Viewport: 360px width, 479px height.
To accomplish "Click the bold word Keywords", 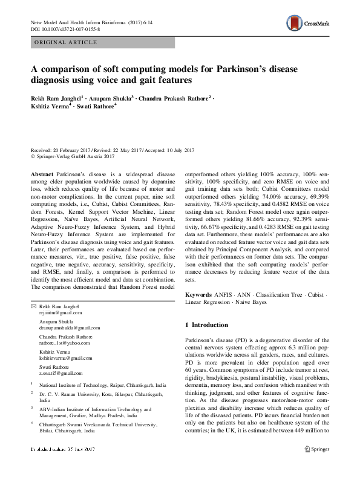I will [198, 294].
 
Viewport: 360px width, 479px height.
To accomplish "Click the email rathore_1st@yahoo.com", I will [64, 342].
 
